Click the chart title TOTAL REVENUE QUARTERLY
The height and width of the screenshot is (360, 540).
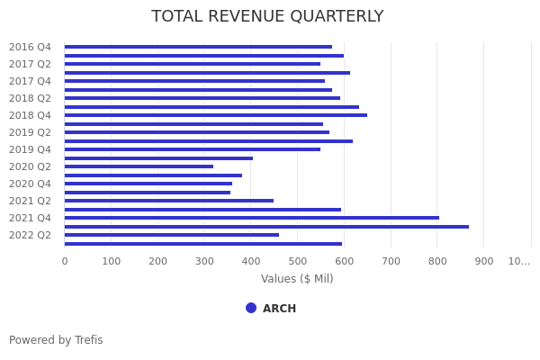(x=267, y=17)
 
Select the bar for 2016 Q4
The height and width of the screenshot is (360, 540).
(x=198, y=47)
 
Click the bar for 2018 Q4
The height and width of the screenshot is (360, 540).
(x=216, y=115)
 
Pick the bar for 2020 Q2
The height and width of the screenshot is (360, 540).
(x=139, y=166)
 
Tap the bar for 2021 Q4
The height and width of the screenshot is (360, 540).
(x=252, y=218)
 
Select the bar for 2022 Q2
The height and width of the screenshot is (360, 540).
(x=171, y=235)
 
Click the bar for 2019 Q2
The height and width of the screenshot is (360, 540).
(x=196, y=132)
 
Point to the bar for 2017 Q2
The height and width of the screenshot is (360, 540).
(x=192, y=64)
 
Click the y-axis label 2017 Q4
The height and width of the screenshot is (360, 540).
(x=30, y=81)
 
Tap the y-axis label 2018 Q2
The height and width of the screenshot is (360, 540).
(x=30, y=98)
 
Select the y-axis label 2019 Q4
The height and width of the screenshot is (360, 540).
(x=30, y=149)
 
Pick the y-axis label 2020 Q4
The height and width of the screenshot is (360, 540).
(x=30, y=184)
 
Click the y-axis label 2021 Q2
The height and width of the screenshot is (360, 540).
(x=30, y=201)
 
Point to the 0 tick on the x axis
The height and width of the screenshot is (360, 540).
(x=64, y=261)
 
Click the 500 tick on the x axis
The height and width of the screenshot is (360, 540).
(x=298, y=261)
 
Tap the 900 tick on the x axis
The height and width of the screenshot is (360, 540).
(x=484, y=261)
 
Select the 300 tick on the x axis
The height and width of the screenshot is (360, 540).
(x=204, y=261)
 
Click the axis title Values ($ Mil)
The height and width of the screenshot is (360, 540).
(x=297, y=279)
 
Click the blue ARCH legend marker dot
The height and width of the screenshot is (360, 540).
(x=251, y=308)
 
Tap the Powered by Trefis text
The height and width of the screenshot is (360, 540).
(x=56, y=340)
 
